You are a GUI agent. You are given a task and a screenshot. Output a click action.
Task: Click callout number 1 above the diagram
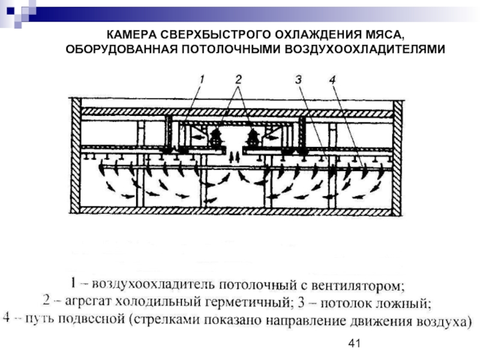(x=202, y=79)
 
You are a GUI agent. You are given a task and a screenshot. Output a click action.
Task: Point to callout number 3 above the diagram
(x=296, y=79)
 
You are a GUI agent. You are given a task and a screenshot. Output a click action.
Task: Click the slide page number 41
(x=353, y=343)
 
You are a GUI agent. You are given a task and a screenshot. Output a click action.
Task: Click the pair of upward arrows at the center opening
(x=235, y=157)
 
